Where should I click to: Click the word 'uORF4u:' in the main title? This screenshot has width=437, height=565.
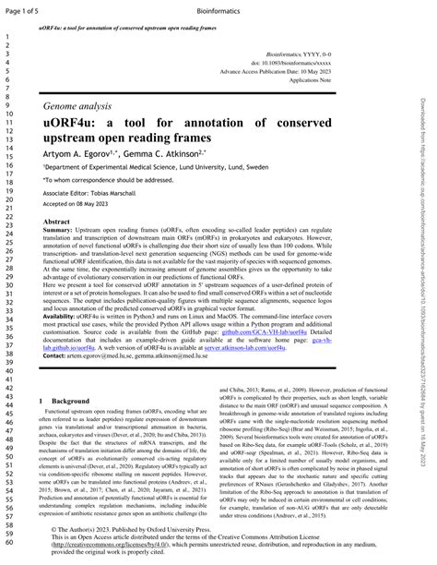[x=74, y=124]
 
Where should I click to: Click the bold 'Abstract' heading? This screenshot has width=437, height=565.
[x=57, y=222]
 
